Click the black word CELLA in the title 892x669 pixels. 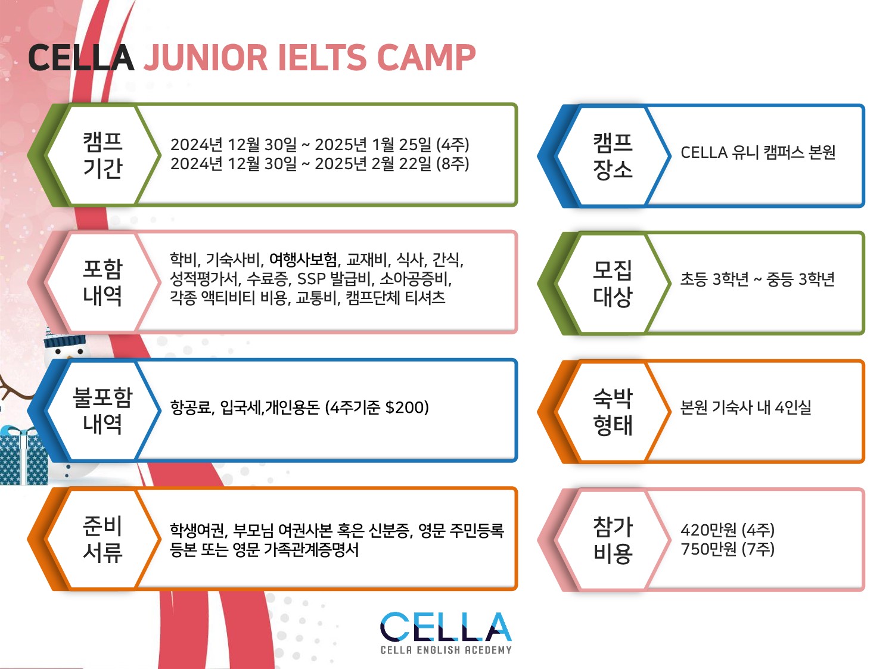click(81, 58)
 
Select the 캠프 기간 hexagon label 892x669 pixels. click(102, 155)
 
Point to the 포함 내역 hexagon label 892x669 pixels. click(102, 282)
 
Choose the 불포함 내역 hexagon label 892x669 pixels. click(102, 410)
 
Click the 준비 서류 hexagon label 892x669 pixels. click(102, 539)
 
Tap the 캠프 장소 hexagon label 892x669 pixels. click(613, 156)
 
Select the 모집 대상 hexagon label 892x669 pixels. click(613, 284)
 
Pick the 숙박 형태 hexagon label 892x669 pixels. click(613, 412)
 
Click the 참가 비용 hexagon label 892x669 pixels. click(613, 540)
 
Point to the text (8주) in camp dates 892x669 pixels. click(453, 164)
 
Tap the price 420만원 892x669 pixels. click(708, 530)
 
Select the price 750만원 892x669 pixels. click(708, 549)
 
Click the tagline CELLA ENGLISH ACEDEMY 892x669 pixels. click(446, 651)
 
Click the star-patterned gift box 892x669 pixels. click(23, 456)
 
